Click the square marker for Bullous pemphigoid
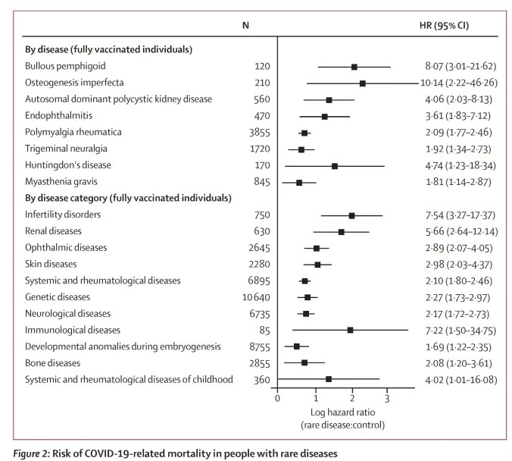(354, 67)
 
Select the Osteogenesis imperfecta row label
(73, 83)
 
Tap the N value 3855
(258, 133)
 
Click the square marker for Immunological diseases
(350, 330)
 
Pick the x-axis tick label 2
(352, 398)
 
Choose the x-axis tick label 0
(278, 398)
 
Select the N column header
(246, 25)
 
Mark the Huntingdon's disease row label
(68, 165)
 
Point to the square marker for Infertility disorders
(351, 215)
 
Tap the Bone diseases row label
(53, 362)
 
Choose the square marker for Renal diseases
(341, 232)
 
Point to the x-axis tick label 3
(387, 398)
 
